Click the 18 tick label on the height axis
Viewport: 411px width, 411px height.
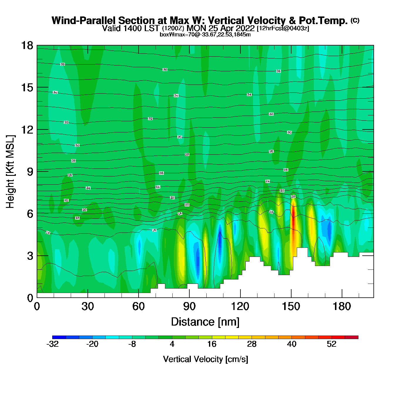coord(27,46)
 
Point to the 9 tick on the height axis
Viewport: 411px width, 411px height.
coord(30,172)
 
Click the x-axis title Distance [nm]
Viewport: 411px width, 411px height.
coord(205,322)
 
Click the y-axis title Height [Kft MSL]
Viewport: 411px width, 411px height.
coord(10,172)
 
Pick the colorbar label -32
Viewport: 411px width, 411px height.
coord(53,344)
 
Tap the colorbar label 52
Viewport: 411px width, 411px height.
coord(331,344)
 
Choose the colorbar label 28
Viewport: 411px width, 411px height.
coord(252,344)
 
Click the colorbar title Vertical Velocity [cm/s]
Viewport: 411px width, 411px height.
coord(206,359)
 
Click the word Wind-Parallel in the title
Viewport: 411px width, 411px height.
coord(84,21)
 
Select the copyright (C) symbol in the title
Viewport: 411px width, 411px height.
coord(355,20)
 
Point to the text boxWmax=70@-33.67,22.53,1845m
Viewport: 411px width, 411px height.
coord(205,35)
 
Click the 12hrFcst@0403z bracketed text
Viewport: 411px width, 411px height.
coord(283,28)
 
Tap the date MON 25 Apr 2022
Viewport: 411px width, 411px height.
coord(221,28)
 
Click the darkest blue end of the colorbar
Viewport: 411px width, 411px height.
coord(59,337)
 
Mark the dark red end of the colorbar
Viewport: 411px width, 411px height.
coord(351,337)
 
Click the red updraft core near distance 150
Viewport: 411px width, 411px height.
coord(293,219)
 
